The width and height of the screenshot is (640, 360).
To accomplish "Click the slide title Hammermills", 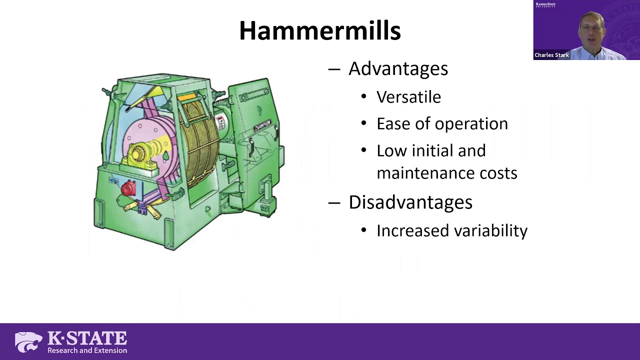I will tap(319, 31).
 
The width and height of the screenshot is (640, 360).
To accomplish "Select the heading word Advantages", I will tap(398, 69).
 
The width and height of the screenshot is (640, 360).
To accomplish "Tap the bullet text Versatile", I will tap(408, 97).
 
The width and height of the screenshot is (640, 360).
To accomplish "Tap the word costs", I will tap(498, 173).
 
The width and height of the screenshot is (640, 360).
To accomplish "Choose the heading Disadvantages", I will tap(410, 202).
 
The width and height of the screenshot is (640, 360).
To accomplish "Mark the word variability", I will tap(493, 230).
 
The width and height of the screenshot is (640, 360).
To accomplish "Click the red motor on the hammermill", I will tap(128, 188).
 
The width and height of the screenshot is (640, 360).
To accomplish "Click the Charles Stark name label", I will tap(551, 55).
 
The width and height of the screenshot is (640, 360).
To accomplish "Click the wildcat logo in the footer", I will tap(28, 342).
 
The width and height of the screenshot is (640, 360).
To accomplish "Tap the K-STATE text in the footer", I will tap(87, 338).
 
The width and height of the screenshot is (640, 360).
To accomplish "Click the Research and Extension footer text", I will tap(87, 350).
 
